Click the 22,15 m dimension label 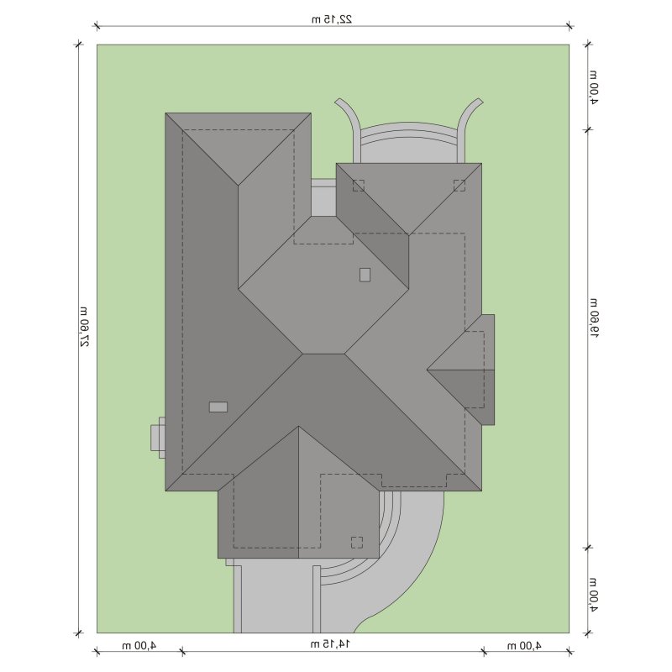click(332, 18)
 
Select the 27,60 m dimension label click(85, 327)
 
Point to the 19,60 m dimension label click(595, 318)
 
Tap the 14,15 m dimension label click(330, 643)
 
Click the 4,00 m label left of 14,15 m click(139, 645)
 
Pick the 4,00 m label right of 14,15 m click(524, 645)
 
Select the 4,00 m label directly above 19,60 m click(594, 87)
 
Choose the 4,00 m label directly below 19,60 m click(594, 595)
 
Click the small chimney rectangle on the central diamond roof click(365, 275)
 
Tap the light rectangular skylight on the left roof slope click(218, 407)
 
